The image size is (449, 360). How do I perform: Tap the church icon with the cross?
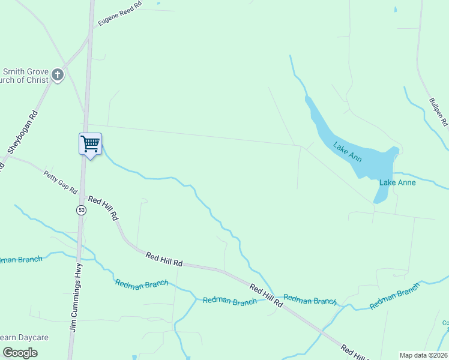point(58,75)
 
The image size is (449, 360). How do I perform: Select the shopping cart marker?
point(90,144)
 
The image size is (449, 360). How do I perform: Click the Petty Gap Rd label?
point(61,182)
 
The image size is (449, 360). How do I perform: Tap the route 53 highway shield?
point(81,210)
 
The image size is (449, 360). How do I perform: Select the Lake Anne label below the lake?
point(396,182)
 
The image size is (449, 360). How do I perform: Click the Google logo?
point(19,353)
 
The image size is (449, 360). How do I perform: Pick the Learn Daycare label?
point(24,338)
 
